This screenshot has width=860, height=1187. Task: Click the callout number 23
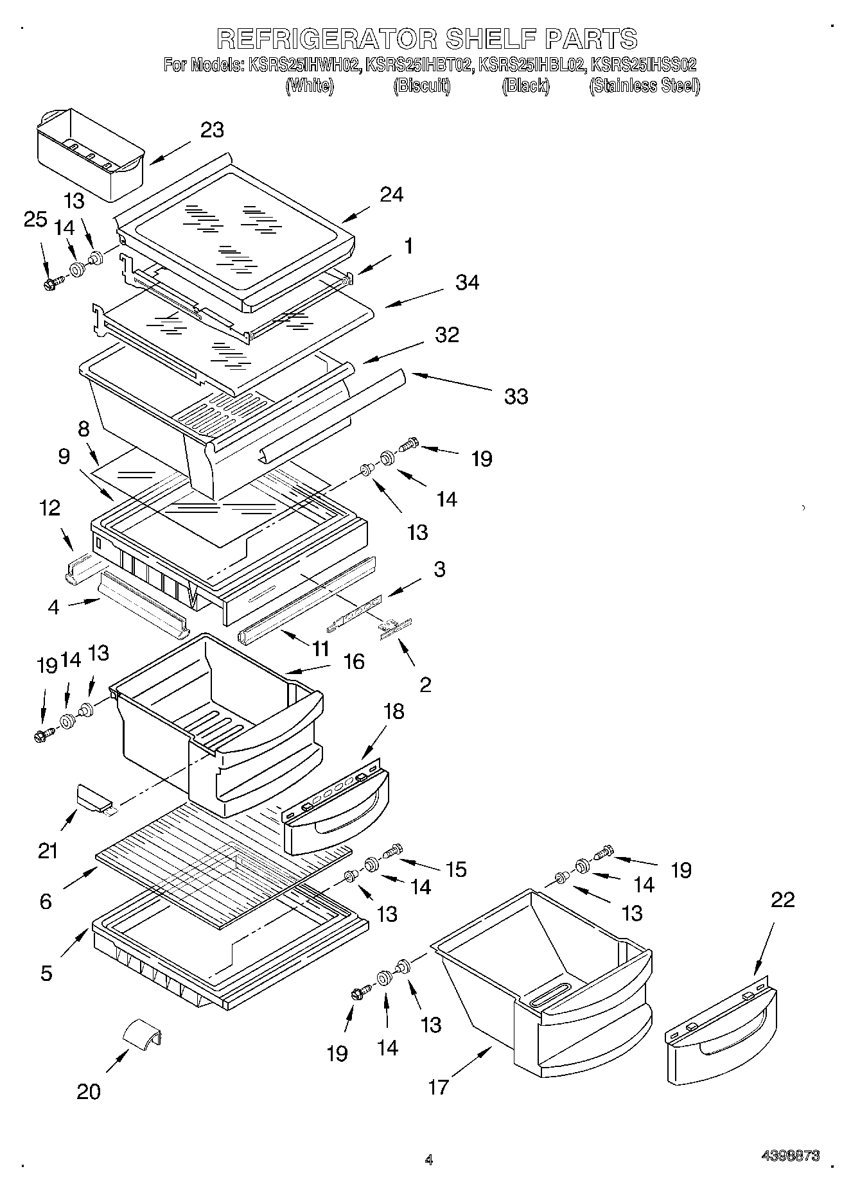(212, 130)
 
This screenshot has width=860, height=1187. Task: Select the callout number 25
(35, 220)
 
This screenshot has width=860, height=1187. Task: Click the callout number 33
(516, 396)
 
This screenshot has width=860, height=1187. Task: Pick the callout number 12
(49, 508)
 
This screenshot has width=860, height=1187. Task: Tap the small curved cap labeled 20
(142, 1035)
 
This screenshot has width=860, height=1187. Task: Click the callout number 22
(782, 899)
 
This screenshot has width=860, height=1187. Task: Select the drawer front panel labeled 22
(721, 1029)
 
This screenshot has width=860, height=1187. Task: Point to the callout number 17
(439, 1087)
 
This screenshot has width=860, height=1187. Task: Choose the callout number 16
(354, 661)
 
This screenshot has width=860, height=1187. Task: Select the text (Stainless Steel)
(644, 85)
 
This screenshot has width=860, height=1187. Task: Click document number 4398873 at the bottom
(790, 1156)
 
